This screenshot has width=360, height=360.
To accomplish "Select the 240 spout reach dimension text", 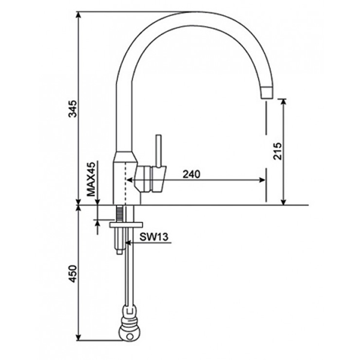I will click(x=191, y=175).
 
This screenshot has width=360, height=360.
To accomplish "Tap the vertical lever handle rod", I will click(x=159, y=150).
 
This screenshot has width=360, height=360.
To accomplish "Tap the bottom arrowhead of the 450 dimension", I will click(x=79, y=338).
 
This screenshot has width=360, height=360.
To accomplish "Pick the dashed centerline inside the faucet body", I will click(x=125, y=180).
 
